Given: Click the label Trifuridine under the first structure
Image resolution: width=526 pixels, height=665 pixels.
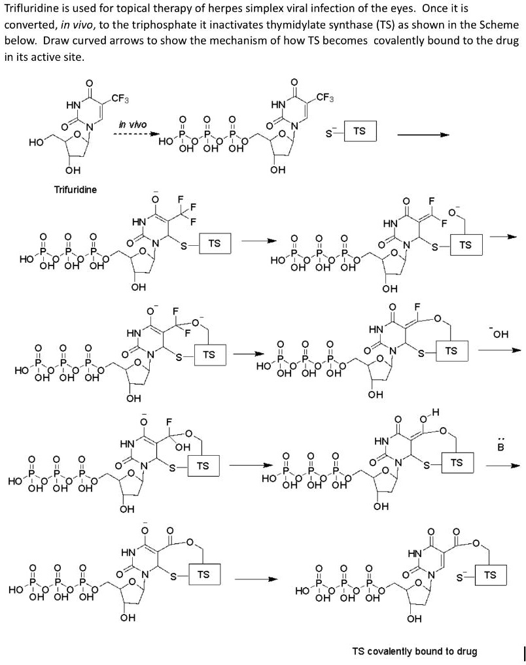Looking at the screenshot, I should coord(75,190).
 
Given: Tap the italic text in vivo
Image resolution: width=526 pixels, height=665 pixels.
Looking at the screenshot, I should coord(133,124).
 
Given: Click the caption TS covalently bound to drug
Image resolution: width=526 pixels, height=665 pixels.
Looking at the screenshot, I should coord(415,651).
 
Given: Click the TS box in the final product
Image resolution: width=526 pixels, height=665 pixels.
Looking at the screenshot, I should coord(490,575).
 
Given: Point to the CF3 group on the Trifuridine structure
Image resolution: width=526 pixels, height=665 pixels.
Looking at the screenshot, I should coord(120,99).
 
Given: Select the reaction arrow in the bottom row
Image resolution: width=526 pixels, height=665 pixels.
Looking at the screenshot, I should coord(256,579).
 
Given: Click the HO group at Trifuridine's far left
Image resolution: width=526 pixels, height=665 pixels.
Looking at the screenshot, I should coord(37,141).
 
